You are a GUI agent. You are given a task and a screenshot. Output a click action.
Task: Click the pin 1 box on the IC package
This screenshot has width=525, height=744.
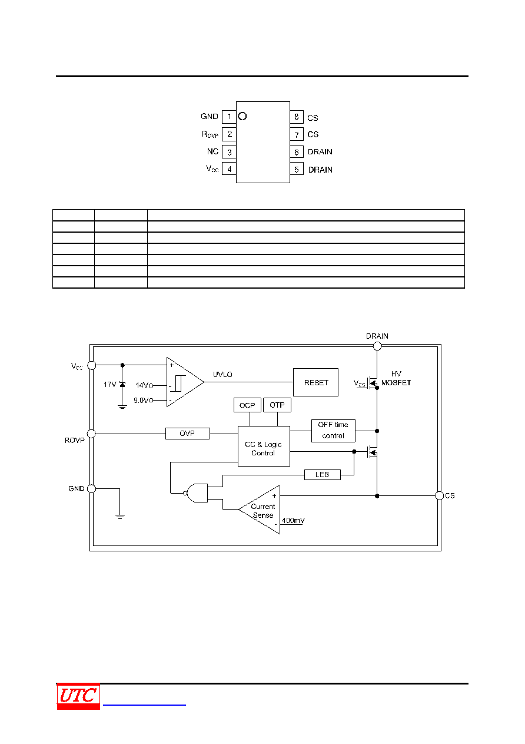229,117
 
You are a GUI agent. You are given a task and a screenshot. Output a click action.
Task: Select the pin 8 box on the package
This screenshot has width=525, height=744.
297,117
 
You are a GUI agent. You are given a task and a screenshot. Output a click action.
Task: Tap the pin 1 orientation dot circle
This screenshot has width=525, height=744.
242,116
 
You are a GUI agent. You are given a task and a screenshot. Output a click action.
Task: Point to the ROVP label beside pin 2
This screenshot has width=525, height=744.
210,134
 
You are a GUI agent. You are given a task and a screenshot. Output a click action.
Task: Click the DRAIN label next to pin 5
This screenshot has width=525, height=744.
320,170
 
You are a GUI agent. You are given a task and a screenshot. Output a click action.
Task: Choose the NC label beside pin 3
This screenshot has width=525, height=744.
212,151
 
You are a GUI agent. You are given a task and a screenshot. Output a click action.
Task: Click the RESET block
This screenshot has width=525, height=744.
315,382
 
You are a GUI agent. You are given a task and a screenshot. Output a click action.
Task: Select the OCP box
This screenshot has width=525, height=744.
247,405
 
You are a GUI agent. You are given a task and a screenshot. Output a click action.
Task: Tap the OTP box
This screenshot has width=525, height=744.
277,405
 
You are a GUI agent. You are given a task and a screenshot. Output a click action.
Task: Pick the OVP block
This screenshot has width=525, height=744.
188,434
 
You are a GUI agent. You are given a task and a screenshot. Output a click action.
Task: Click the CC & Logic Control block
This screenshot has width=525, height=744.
264,446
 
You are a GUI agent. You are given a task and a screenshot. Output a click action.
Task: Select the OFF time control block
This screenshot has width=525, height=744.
333,431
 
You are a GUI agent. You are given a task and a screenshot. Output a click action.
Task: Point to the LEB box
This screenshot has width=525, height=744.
322,475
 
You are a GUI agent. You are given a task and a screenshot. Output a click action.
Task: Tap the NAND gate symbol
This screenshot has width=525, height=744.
197,493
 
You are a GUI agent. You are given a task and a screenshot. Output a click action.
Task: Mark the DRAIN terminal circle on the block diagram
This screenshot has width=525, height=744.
377,346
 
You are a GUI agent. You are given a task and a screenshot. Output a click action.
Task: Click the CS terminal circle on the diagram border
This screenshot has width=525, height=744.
440,495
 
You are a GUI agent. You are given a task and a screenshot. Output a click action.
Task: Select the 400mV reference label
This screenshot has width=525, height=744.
293,521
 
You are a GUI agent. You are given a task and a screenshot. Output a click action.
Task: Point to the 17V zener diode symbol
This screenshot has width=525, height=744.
122,385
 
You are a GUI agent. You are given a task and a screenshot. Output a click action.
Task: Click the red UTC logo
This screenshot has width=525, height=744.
78,696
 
